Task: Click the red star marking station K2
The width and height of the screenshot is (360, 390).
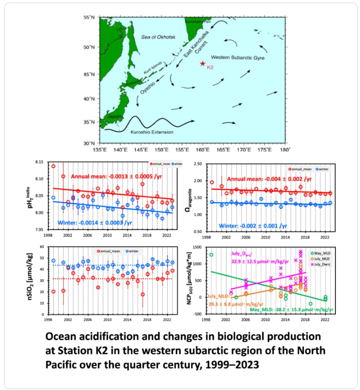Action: point(202,64)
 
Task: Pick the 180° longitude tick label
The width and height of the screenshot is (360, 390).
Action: point(284,150)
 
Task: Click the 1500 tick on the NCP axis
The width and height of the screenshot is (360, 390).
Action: point(199,247)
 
